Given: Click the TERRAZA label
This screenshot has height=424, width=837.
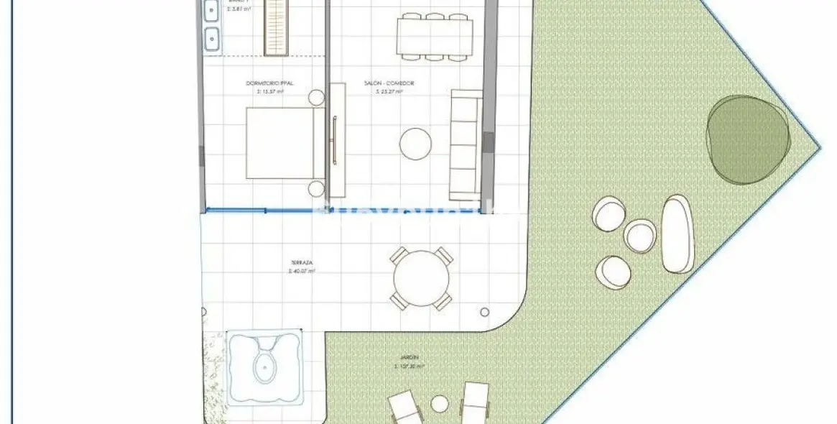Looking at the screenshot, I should click(x=302, y=264).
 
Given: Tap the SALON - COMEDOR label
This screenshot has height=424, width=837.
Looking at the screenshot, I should click(x=389, y=83).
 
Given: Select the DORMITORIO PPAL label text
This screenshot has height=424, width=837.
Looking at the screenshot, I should click(x=269, y=83).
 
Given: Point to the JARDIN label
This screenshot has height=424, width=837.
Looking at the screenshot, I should click(x=410, y=357).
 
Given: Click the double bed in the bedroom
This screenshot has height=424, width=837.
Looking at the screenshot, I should click(x=280, y=143).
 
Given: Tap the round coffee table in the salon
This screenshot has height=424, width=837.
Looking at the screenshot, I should click(x=415, y=143).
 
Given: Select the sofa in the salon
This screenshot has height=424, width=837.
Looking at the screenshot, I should click(x=465, y=144).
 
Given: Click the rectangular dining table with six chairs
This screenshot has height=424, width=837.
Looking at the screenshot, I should click(x=435, y=34).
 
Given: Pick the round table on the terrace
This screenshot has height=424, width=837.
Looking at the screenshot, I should click(x=422, y=279).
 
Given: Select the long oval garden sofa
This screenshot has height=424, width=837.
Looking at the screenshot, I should click(x=677, y=234).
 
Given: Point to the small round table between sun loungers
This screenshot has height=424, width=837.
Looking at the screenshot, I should click(x=440, y=404).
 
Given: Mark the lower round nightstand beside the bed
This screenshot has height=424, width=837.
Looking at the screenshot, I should click(x=317, y=188).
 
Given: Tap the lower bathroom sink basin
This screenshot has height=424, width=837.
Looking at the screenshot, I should click(x=212, y=36).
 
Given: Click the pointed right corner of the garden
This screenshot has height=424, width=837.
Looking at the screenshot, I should click(x=819, y=149).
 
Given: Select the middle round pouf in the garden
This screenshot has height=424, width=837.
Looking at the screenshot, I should click(x=639, y=236).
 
